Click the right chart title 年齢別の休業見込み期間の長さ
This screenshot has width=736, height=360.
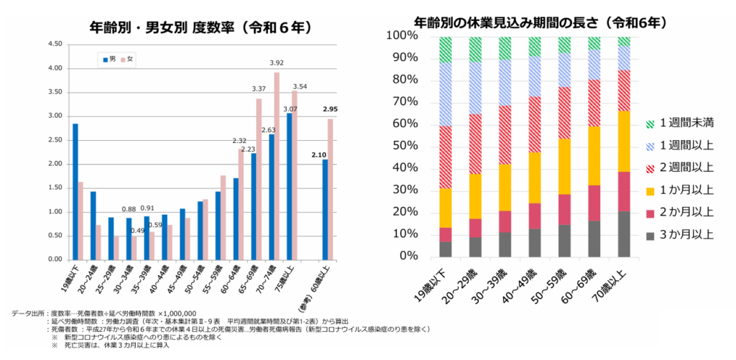[x=541, y=22]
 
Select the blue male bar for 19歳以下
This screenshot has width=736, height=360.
[x=75, y=191]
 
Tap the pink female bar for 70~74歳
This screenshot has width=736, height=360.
[x=277, y=166]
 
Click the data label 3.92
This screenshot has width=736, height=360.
[x=277, y=63]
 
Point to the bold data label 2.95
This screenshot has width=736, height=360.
[x=330, y=109]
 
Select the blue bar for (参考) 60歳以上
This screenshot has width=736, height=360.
[x=326, y=209]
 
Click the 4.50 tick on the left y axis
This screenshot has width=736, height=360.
[x=54, y=44]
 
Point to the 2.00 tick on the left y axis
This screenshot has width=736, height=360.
[x=54, y=164]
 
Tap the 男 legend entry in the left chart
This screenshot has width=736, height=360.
[x=109, y=60]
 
